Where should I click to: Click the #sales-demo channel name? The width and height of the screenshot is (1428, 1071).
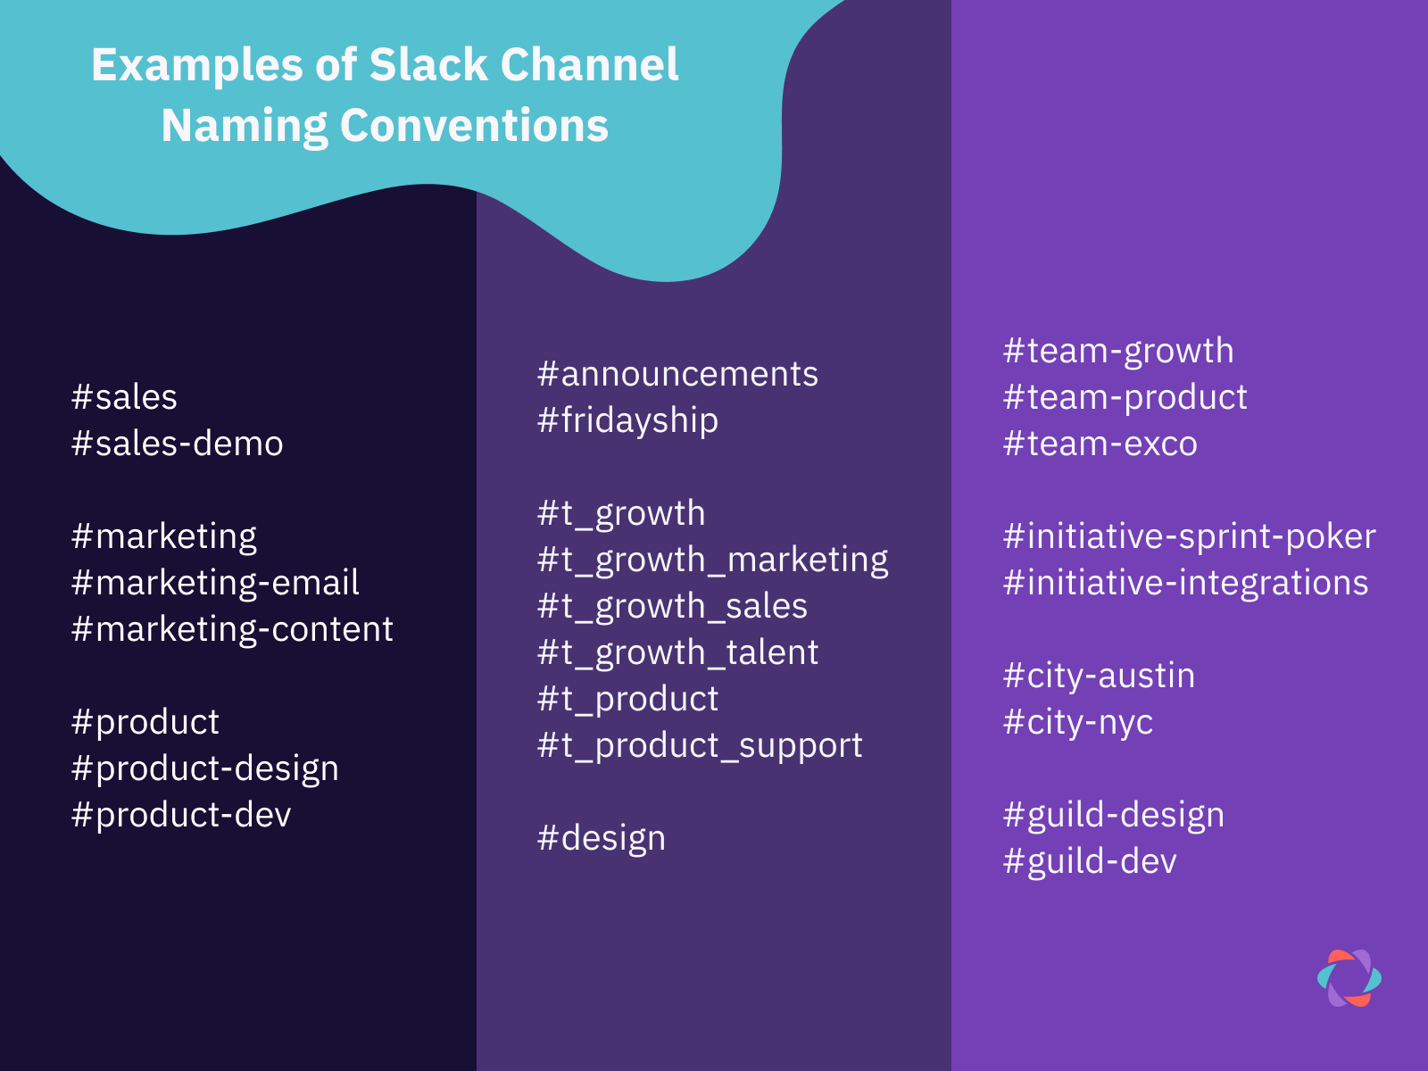(177, 444)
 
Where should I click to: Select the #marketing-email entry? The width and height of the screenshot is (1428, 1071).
(215, 583)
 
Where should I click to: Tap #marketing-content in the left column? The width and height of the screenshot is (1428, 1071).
(232, 629)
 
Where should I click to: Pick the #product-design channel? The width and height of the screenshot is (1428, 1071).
(205, 768)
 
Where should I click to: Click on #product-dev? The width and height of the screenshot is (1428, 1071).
(181, 815)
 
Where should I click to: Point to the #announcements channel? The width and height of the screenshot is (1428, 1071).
(677, 374)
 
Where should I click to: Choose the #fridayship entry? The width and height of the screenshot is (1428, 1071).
(627, 420)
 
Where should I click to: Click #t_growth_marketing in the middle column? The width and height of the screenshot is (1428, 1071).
(712, 560)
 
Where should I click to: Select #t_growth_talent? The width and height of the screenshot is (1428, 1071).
(677, 652)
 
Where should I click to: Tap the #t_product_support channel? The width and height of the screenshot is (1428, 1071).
(700, 745)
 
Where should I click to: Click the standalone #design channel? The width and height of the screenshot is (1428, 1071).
(601, 838)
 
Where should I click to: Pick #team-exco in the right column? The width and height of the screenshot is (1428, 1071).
(1100, 444)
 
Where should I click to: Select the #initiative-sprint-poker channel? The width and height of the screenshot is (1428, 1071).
(1189, 536)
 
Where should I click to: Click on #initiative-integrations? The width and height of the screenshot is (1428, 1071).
(1185, 583)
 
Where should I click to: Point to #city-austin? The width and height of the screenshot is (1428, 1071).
(1099, 676)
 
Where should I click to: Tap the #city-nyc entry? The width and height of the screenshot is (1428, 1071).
(1077, 722)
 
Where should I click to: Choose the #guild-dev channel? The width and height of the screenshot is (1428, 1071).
(1090, 861)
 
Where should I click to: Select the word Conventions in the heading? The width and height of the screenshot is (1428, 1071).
(474, 126)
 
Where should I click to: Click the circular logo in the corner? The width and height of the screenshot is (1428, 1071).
(1349, 978)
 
